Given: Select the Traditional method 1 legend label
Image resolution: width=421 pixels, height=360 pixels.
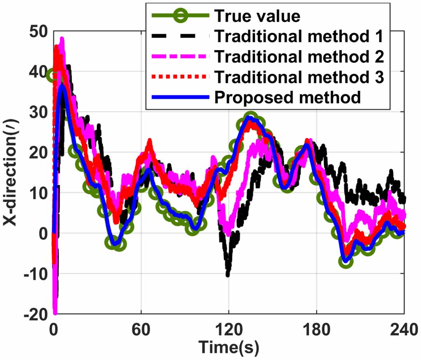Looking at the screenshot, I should pyautogui.click(x=299, y=36).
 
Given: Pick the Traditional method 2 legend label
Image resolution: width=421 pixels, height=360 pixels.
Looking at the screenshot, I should pyautogui.click(x=299, y=57).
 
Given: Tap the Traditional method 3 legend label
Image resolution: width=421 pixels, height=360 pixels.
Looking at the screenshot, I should pyautogui.click(x=299, y=77).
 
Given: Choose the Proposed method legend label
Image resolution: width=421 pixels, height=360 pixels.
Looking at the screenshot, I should pyautogui.click(x=288, y=97).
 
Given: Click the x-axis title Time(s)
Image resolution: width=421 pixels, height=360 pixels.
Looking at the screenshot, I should pyautogui.click(x=229, y=348).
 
